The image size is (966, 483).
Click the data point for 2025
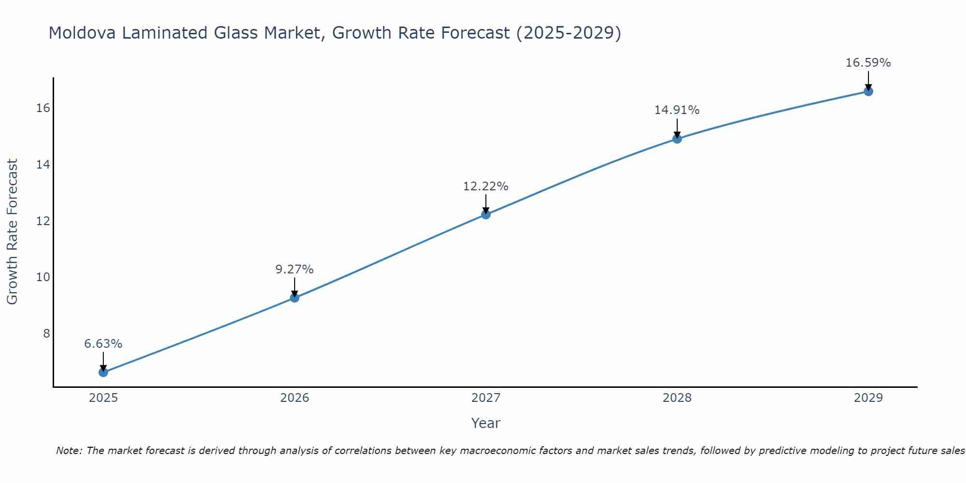click(x=103, y=372)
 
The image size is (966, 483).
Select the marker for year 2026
click(x=294, y=298)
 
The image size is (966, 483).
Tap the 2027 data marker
click(x=485, y=214)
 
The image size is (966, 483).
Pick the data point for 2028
click(x=677, y=139)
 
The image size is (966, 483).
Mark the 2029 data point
click(x=868, y=91)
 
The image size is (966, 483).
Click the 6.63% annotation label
click(x=103, y=344)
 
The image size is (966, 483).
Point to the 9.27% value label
click(x=294, y=270)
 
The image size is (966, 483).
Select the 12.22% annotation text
click(x=485, y=186)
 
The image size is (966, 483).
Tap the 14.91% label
click(x=677, y=110)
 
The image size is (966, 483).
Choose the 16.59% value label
click(x=868, y=63)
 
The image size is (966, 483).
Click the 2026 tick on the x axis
click(x=294, y=398)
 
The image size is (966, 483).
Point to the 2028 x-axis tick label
click(x=677, y=398)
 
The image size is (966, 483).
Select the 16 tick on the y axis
click(x=43, y=108)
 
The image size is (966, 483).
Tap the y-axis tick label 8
click(x=46, y=334)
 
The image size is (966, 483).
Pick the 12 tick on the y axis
click(x=43, y=221)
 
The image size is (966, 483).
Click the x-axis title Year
click(x=485, y=423)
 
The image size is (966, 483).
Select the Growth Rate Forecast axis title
click(x=13, y=232)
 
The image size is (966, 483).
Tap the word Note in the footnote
click(x=69, y=451)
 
